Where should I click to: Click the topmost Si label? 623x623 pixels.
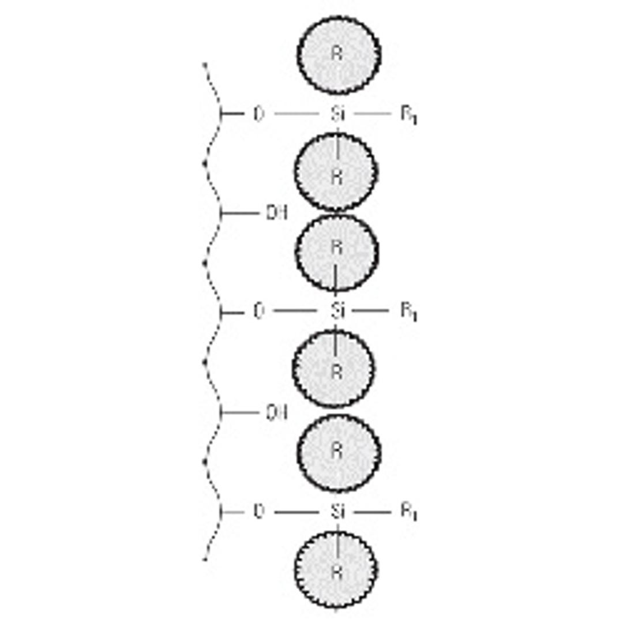338,114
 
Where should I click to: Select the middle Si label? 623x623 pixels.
338,311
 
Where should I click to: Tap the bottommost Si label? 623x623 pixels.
338,512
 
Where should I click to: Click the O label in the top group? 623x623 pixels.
258,114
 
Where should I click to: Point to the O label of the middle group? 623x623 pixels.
258,311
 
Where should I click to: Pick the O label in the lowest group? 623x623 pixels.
258,512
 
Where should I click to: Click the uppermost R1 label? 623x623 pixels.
408,115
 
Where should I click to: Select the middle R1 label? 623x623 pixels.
408,312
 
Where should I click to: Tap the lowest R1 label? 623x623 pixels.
408,513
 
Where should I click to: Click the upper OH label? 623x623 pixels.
276,213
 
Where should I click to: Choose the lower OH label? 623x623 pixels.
276,413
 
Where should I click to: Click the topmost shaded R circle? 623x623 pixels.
339,55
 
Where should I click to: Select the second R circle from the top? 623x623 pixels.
336,172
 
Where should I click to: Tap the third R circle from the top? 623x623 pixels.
337,252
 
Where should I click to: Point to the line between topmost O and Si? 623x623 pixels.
296,114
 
